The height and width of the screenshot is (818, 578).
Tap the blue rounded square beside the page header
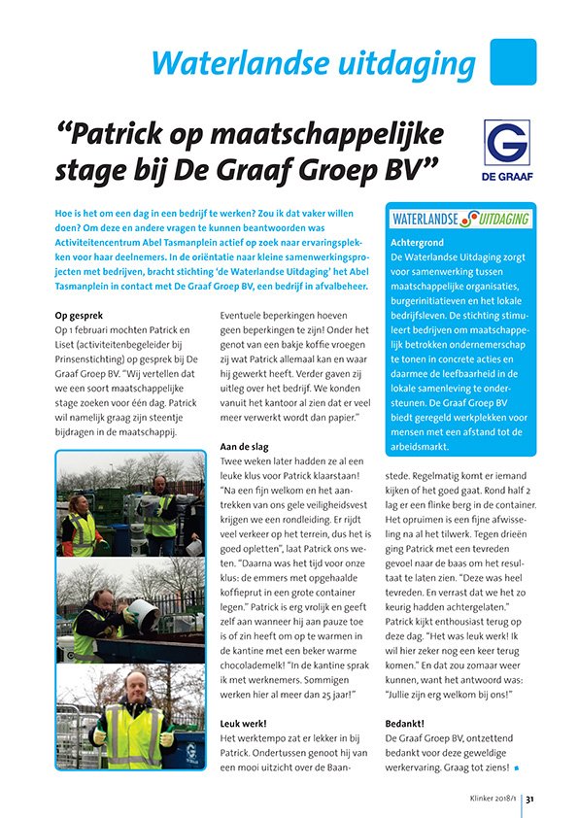(513, 61)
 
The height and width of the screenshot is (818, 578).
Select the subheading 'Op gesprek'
(86, 316)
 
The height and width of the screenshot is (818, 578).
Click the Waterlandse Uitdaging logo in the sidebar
(460, 218)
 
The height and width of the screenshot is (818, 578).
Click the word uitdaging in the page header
(398, 64)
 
